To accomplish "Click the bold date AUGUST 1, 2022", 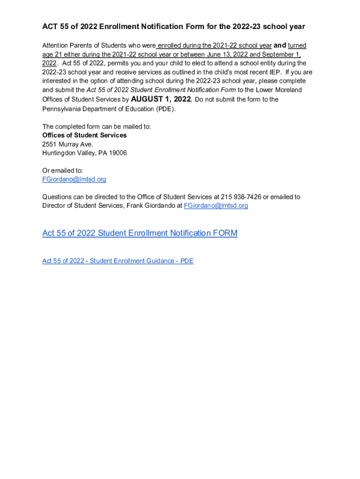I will pyautogui.click(x=161, y=99).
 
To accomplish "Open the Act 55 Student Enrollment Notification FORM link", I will pyautogui.click(x=140, y=233).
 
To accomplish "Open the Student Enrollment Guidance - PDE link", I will pyautogui.click(x=118, y=261).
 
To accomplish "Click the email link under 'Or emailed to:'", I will pyautogui.click(x=74, y=179).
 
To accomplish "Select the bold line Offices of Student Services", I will pyautogui.click(x=85, y=135).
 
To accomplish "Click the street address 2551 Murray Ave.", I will pyautogui.click(x=68, y=144).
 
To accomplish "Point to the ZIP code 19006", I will pyautogui.click(x=117, y=153).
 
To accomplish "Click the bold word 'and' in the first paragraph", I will pyautogui.click(x=280, y=45).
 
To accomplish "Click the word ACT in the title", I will pyautogui.click(x=50, y=27).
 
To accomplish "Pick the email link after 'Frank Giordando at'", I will pyautogui.click(x=216, y=206).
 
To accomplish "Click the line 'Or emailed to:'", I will pyautogui.click(x=63, y=171).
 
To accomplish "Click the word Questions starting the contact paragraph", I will pyautogui.click(x=58, y=197).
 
